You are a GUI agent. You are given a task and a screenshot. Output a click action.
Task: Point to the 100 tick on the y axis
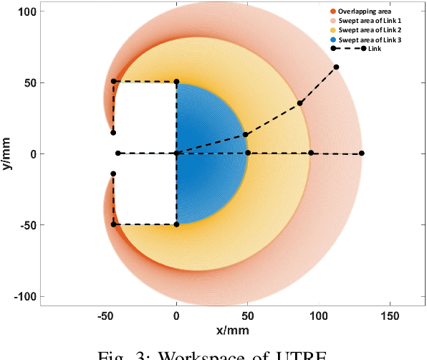click(28, 11)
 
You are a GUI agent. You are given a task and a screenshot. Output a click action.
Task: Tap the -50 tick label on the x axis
click(105, 316)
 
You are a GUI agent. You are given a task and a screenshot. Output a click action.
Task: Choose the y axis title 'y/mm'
click(8, 153)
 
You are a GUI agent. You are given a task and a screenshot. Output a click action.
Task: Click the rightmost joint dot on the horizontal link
click(362, 153)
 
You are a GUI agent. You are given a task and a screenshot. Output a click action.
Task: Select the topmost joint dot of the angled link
click(336, 67)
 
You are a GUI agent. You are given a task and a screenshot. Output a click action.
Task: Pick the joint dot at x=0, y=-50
click(176, 224)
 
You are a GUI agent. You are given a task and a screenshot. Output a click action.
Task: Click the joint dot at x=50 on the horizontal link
click(248, 153)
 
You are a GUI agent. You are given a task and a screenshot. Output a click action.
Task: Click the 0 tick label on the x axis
click(177, 316)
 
